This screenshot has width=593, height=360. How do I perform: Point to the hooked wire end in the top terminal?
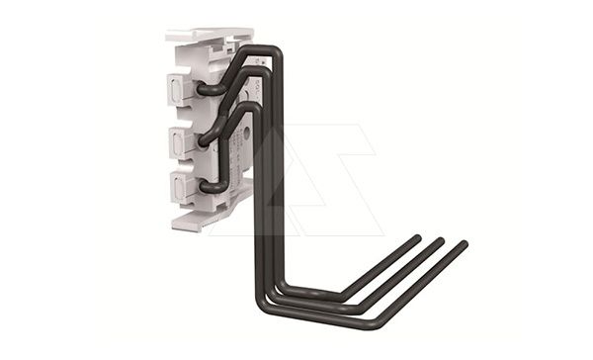pos(206,90)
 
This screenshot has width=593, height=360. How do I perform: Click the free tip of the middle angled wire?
pos(440,241)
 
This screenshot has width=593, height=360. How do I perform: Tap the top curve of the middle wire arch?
pos(253,74)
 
